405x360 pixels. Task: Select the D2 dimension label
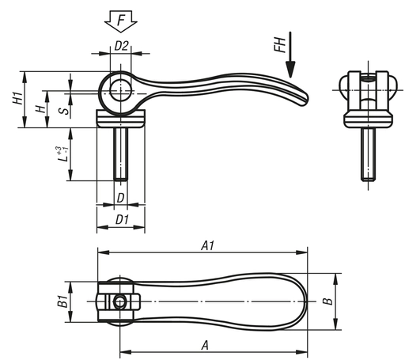pyautogui.click(x=121, y=46)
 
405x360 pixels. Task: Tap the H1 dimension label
pyautogui.click(x=17, y=99)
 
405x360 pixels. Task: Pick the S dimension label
pyautogui.click(x=64, y=108)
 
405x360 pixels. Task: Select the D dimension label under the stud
pyautogui.click(x=120, y=196)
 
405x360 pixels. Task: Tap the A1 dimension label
pyautogui.click(x=207, y=246)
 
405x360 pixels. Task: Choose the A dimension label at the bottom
pyautogui.click(x=205, y=345)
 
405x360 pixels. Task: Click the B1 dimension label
pyautogui.click(x=60, y=301)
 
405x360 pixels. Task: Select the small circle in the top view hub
pyautogui.click(x=119, y=302)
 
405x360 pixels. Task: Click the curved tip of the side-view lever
pyautogui.click(x=303, y=97)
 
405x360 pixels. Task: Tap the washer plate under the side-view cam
pyautogui.click(x=120, y=119)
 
